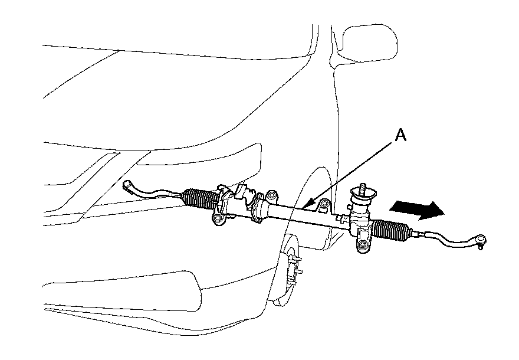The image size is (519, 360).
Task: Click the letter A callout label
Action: pos(400,136)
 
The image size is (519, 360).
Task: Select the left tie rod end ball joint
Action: pos(128,186)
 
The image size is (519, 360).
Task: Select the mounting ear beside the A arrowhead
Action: pos(323,206)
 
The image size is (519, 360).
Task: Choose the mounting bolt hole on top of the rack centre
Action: pos(271,195)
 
